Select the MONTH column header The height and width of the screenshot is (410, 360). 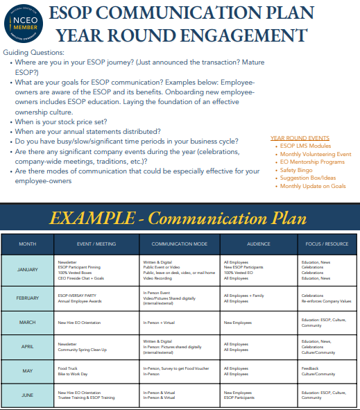point(28,244)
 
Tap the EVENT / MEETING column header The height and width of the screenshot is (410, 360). point(97,244)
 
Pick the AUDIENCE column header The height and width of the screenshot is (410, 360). point(258,244)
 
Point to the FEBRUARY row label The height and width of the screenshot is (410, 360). point(28,298)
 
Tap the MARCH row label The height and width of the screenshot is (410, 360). point(28,322)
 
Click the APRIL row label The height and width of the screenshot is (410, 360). point(28,347)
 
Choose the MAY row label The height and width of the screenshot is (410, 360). point(28,370)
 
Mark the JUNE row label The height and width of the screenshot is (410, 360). point(28,395)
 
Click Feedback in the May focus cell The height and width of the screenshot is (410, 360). point(309,368)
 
